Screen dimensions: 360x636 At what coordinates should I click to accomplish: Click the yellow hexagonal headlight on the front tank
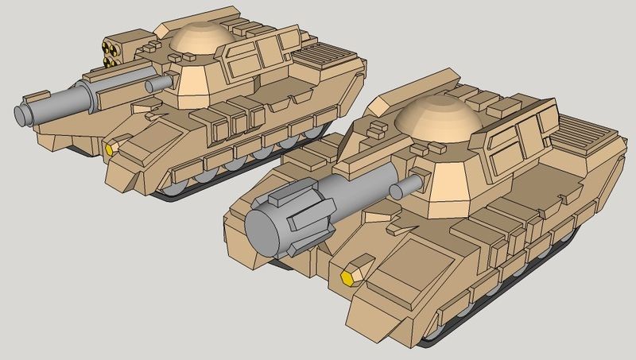click(x=347, y=277)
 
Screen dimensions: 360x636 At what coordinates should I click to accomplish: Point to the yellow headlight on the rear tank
click(x=111, y=148)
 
